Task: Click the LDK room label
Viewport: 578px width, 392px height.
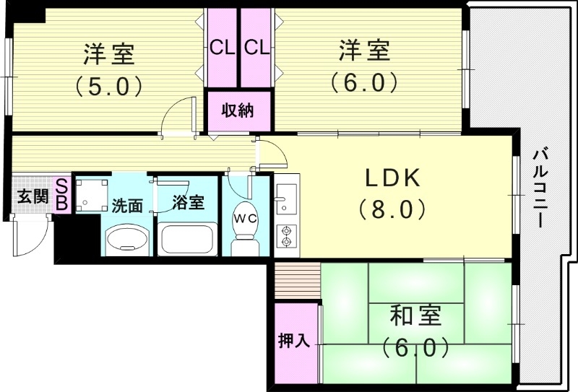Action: [392, 178]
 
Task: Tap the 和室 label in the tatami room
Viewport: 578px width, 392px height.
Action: [415, 316]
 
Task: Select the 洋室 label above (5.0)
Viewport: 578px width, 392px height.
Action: [109, 54]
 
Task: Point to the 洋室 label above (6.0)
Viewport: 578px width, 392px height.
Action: [364, 50]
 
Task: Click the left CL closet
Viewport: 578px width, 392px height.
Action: [223, 48]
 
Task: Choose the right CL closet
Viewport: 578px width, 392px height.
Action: [257, 48]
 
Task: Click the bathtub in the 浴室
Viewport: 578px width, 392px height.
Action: [187, 239]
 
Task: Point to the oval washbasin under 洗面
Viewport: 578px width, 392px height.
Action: [128, 240]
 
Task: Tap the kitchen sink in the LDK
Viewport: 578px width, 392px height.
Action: [286, 199]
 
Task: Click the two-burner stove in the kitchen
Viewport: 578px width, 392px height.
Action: [286, 236]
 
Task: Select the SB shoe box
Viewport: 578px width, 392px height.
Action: [62, 195]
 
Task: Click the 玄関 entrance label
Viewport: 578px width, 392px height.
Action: [33, 197]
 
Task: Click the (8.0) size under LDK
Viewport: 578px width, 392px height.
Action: [392, 209]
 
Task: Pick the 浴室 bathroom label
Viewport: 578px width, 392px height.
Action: [189, 203]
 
